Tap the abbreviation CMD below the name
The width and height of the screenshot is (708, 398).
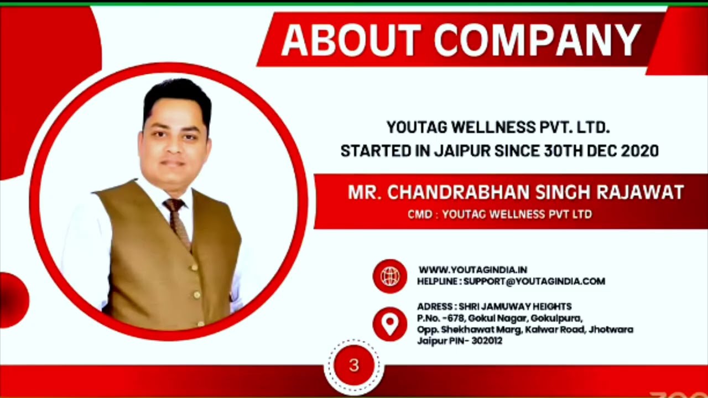click(x=420, y=214)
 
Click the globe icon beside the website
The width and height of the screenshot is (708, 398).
click(x=390, y=276)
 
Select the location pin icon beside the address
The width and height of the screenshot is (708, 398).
click(x=390, y=324)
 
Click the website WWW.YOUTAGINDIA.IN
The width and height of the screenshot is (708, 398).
click(x=472, y=270)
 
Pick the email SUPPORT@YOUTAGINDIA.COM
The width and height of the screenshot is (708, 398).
click(x=534, y=281)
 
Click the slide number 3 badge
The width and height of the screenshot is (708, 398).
click(x=354, y=365)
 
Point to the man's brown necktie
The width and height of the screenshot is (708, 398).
click(x=179, y=221)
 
